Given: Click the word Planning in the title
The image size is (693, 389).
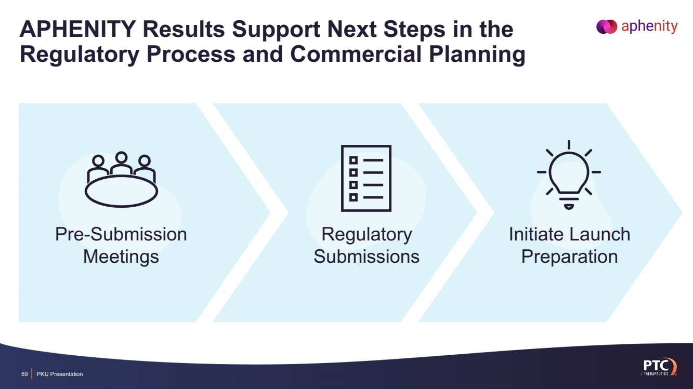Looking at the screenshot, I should (470, 55).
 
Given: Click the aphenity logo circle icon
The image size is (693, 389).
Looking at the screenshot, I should (606, 26).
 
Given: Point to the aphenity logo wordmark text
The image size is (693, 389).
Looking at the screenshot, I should (649, 26).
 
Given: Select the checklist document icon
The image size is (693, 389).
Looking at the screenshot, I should (366, 178).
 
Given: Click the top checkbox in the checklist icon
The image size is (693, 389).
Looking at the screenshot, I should (354, 159).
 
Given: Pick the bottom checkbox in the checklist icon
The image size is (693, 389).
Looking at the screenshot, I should (354, 197).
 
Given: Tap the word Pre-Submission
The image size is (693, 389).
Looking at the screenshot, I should (121, 234).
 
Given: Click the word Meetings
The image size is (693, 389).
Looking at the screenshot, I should (121, 257).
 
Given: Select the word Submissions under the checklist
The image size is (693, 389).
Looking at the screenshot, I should (367, 257).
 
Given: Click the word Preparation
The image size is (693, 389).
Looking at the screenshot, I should (569, 257).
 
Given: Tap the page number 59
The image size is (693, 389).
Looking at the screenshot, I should (24, 374).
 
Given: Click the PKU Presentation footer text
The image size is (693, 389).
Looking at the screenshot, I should (60, 374).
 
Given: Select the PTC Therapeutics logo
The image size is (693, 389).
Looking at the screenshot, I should (658, 367).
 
